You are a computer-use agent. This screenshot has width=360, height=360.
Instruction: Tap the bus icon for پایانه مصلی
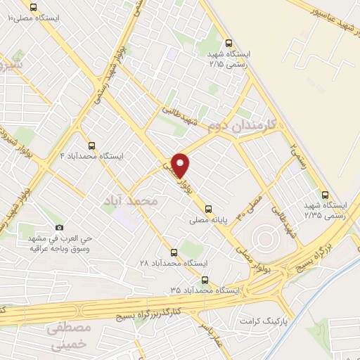pyautogui.click(x=208, y=208)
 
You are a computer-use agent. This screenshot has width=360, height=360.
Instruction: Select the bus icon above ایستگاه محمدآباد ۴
pyautogui.click(x=92, y=145)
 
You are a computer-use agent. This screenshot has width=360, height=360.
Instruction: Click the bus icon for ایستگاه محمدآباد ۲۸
pyautogui.click(x=174, y=252)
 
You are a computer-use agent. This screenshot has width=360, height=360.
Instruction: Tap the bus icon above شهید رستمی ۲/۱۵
pyautogui.click(x=229, y=43)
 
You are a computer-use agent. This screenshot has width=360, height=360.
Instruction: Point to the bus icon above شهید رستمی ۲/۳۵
pyautogui.click(x=324, y=195)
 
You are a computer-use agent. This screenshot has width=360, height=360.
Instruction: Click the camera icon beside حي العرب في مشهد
pyautogui.click(x=60, y=227)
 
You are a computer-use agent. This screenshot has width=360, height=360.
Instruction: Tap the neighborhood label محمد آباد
pyautogui.click(x=136, y=201)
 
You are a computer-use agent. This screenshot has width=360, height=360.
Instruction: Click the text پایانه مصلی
pyautogui.click(x=207, y=220)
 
